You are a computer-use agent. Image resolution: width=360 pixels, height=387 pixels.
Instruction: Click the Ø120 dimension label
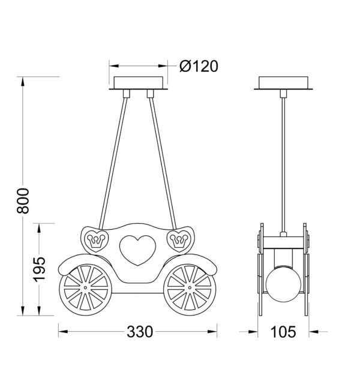199,66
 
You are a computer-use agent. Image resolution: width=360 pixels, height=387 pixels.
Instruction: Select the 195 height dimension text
38,269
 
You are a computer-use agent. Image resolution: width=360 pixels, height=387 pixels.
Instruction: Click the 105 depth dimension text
283,332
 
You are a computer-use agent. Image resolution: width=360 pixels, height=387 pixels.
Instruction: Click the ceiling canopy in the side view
283,82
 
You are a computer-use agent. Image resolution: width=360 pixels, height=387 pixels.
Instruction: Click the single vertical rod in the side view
283,162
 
